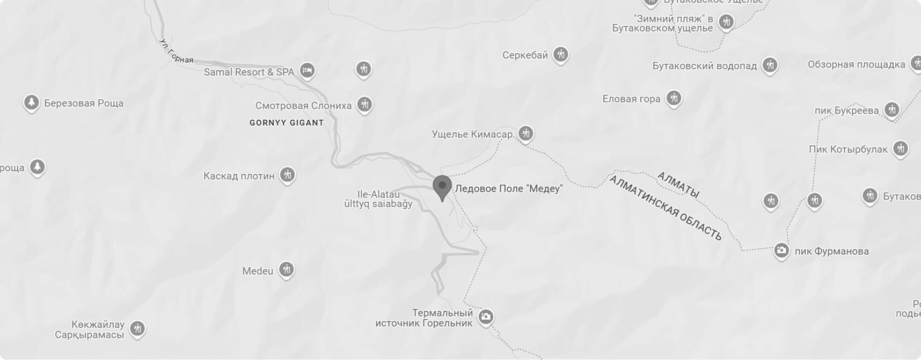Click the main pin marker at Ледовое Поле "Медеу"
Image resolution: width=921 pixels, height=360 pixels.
coord(442,187)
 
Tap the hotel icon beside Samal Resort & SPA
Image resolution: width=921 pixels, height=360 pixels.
coord(307,70)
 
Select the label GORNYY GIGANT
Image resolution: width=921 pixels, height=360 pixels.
coord(287,123)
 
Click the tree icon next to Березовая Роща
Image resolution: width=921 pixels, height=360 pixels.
coord(31,102)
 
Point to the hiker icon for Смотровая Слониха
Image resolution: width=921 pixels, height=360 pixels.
coord(364,104)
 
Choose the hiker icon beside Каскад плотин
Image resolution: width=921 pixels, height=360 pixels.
coord(288,174)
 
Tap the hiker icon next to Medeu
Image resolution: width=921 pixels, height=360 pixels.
coord(287,269)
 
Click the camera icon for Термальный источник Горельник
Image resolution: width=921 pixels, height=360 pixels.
coord(486,317)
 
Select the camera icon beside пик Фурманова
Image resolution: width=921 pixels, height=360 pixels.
coord(781,250)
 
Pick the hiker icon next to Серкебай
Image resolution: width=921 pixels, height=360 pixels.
coord(561,54)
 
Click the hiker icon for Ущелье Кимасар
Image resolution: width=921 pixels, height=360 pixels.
coord(526,133)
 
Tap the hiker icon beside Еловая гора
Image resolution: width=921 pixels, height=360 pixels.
coord(674,98)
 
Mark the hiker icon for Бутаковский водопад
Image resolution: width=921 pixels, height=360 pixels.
coord(770,65)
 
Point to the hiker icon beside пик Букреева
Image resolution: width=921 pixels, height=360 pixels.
coord(892,109)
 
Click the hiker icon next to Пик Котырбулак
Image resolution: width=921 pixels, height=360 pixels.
coord(901,148)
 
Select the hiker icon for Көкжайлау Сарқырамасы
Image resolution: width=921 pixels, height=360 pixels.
coord(137,328)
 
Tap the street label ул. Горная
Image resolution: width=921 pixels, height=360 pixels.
coord(176,52)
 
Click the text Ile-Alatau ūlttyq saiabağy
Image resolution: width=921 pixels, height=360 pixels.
coord(378,199)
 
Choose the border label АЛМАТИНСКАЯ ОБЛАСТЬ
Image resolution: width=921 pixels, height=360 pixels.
coord(666,208)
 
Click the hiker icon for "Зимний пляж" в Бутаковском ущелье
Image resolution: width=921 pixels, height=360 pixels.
coord(726,22)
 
